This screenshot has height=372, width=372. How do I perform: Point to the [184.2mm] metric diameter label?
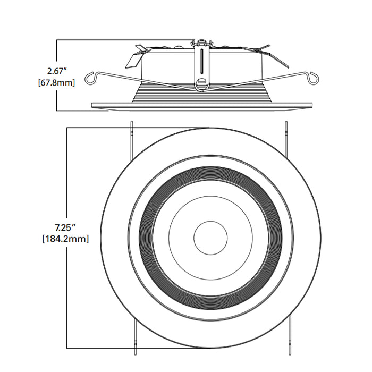65,239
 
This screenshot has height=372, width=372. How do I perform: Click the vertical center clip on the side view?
202,64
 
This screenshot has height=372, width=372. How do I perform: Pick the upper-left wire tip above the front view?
131,128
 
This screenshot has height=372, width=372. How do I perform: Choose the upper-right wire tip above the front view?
286,128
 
